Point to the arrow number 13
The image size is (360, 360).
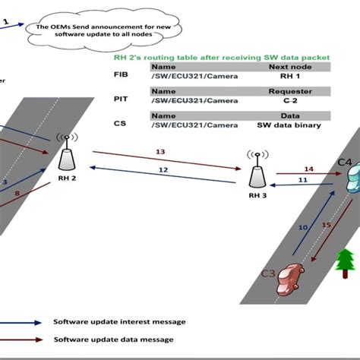tap(160, 153)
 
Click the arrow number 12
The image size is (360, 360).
tap(163, 170)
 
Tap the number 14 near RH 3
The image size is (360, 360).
tap(308, 169)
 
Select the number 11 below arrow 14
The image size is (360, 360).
tap(302, 180)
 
